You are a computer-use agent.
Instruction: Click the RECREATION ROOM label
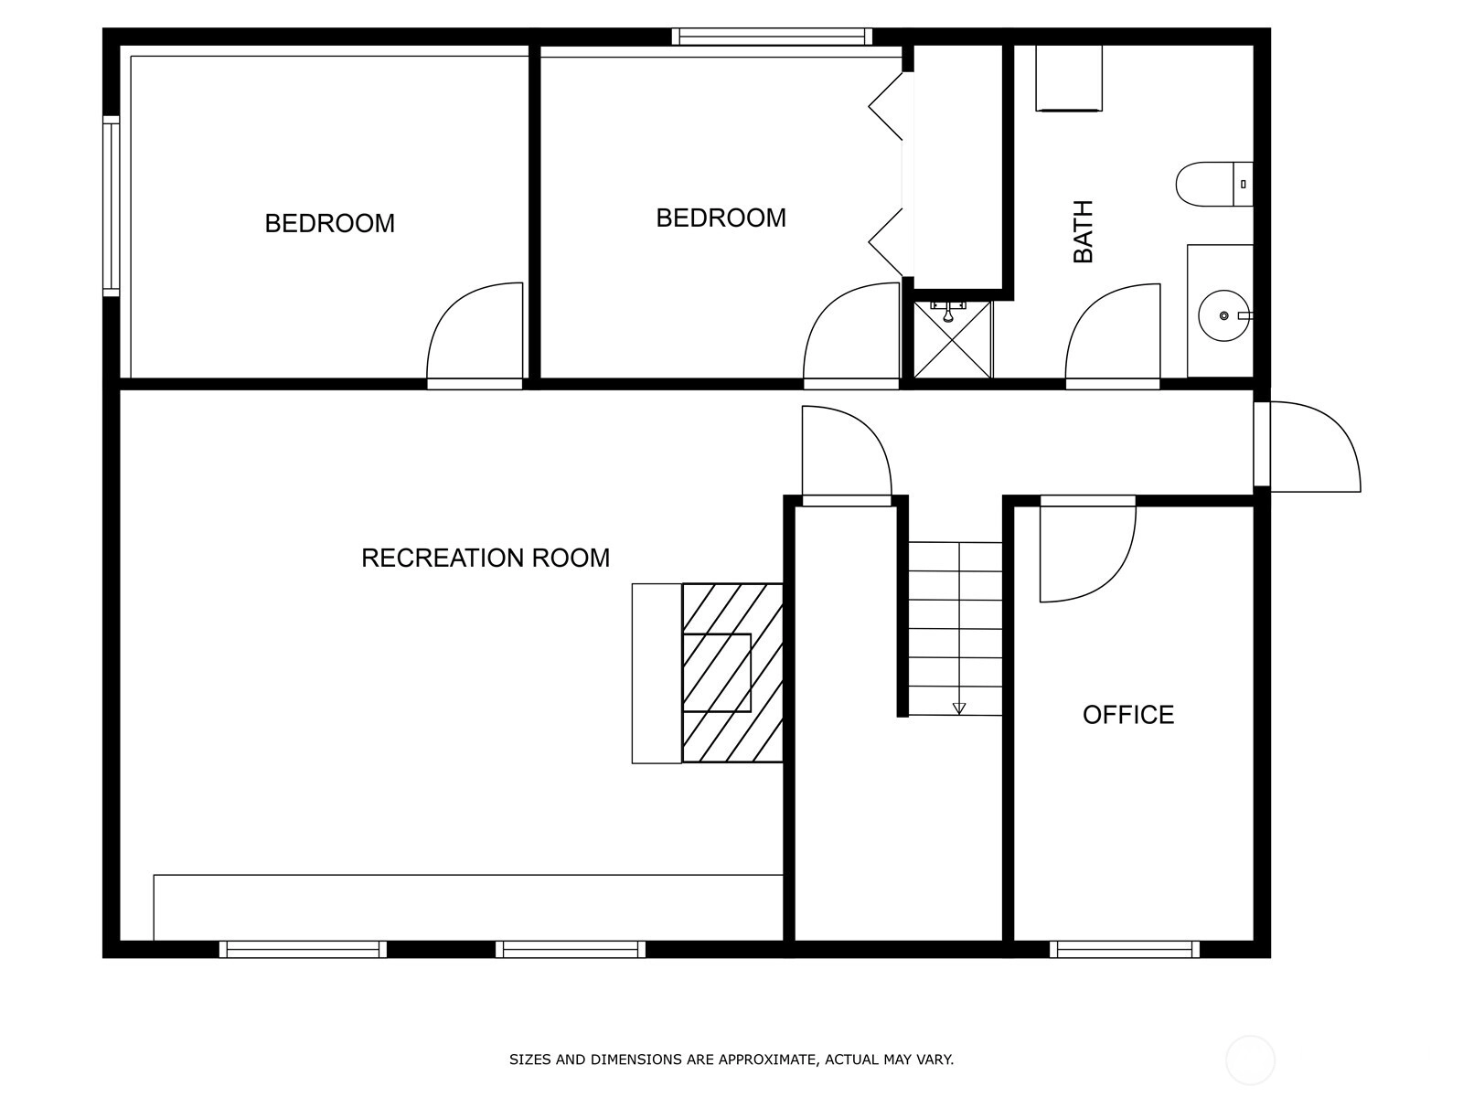pyautogui.click(x=486, y=559)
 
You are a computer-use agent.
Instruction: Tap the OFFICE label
pyautogui.click(x=1127, y=715)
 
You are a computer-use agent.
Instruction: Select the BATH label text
pyautogui.click(x=1084, y=232)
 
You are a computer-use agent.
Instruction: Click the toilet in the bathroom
pyautogui.click(x=1213, y=184)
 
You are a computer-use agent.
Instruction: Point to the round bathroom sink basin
pyautogui.click(x=1223, y=315)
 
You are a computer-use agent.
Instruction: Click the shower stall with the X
pyautogui.click(x=952, y=340)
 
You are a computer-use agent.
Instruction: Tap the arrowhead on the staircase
pyautogui.click(x=958, y=708)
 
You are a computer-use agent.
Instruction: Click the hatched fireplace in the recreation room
pyautogui.click(x=731, y=673)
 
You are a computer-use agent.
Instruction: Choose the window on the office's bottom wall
pyautogui.click(x=1125, y=949)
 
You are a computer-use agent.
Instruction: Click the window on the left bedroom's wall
pyautogui.click(x=111, y=206)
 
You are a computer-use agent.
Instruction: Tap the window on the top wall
pyautogui.click(x=772, y=37)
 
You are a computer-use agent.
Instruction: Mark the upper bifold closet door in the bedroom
pyautogui.click(x=886, y=107)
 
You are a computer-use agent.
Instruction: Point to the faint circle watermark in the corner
pyautogui.click(x=1250, y=1061)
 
